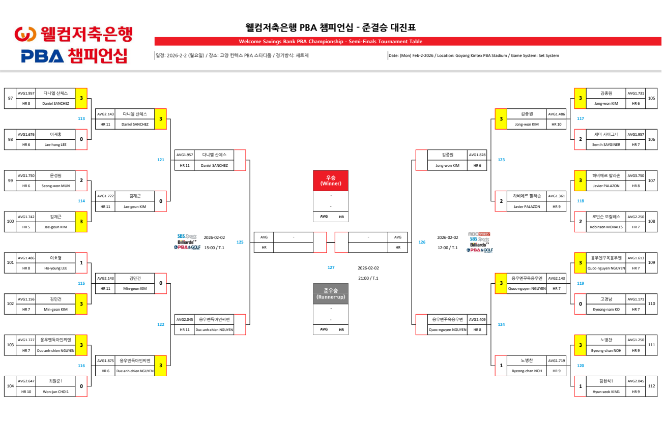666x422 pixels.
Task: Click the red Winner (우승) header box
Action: (331, 180)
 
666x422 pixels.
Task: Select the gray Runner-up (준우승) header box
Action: (331, 293)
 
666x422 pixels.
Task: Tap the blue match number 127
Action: (331, 267)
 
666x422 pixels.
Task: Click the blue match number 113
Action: (81, 118)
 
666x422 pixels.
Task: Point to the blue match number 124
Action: (501, 324)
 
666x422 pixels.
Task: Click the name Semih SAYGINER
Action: (606, 144)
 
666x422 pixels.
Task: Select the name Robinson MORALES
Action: (606, 227)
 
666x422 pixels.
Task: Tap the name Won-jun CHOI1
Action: (55, 391)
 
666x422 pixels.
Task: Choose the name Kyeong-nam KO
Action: (606, 309)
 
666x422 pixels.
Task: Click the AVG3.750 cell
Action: (635, 175)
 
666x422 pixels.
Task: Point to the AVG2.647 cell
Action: (26, 381)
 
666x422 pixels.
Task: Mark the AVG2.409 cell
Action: (477, 319)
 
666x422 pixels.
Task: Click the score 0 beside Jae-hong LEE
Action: (81, 139)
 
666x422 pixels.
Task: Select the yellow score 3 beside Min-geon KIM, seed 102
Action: (81, 304)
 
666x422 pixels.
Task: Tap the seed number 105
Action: (652, 98)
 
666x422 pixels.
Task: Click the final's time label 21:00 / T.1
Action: (368, 278)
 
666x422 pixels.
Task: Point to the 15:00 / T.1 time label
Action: (214, 248)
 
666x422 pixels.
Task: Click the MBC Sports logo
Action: (479, 234)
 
